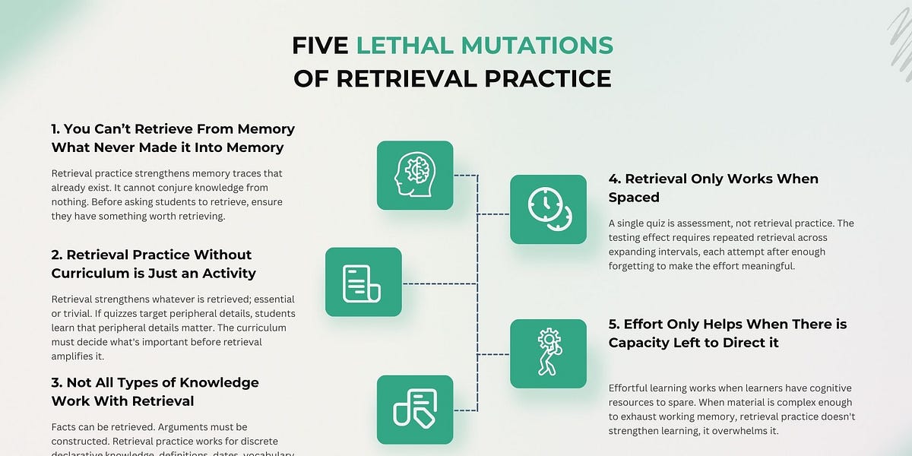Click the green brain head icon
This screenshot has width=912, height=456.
click(415, 176)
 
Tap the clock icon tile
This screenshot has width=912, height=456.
click(548, 209)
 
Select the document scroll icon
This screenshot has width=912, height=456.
click(363, 282)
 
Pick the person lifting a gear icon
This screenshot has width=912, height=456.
click(548, 353)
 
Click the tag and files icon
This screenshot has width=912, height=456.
click(415, 410)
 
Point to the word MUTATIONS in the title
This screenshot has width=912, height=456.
click(532, 46)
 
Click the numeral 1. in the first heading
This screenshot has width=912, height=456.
click(58, 129)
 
